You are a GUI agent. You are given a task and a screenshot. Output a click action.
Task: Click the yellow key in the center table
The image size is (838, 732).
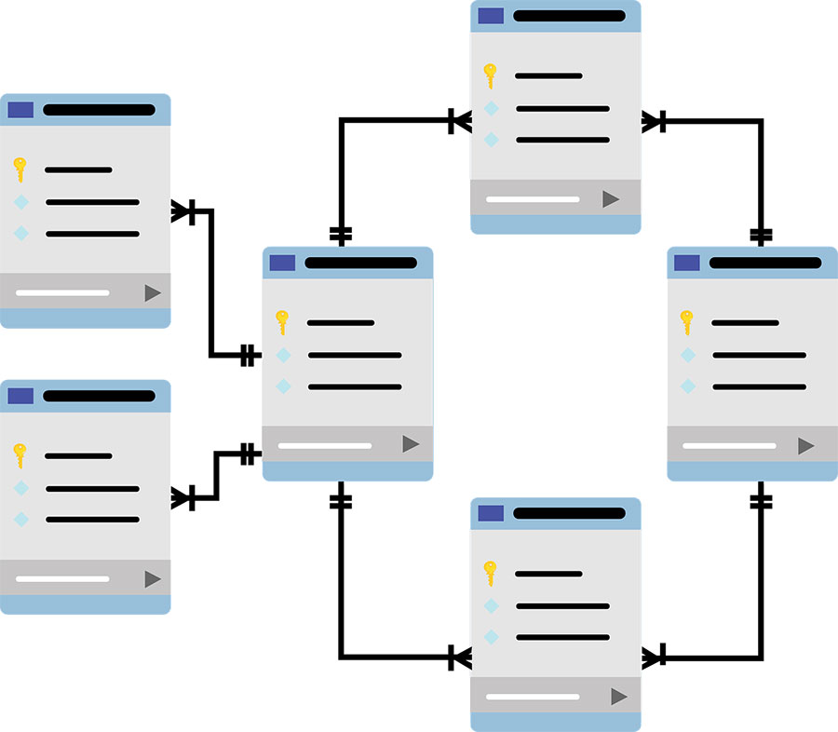pos(282,322)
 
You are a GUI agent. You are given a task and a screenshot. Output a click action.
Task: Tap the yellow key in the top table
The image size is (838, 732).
pos(490,75)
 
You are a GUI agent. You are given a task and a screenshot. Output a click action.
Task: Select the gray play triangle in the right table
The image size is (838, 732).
pos(805,446)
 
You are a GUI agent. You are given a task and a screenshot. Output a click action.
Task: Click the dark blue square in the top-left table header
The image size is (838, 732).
pos(20,110)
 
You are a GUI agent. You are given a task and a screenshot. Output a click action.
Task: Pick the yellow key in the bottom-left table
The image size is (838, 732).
pos(20,455)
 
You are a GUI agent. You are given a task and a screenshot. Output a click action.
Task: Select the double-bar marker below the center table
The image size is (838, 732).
pos(341,501)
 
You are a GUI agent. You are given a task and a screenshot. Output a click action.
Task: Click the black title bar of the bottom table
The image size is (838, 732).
pos(569,513)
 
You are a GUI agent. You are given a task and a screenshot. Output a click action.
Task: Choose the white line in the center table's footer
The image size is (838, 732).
pos(324,445)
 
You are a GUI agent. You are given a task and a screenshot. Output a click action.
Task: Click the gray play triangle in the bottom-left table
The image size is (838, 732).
pos(153,579)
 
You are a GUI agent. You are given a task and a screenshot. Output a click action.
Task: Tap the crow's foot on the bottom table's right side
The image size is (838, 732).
pos(654,657)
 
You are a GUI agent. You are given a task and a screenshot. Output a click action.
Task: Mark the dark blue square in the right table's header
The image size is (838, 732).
pos(686,263)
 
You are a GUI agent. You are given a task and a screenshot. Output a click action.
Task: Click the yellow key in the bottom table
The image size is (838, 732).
pos(490,573)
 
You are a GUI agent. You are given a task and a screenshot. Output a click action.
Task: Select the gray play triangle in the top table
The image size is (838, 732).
pos(611,198)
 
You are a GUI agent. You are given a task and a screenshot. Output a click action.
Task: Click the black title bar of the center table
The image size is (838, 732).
pos(360,263)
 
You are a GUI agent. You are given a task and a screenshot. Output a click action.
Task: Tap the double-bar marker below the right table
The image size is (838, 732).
pos(761,501)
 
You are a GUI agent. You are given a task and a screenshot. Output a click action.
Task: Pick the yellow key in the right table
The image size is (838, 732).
pos(687,322)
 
